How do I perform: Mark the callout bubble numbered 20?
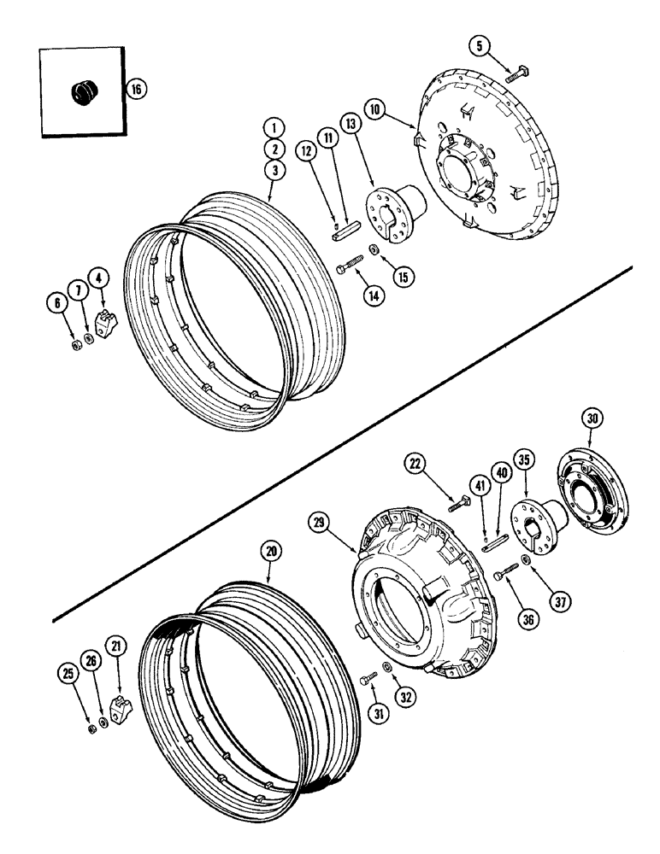click(272, 553)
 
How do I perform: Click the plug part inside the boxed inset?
click(85, 88)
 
